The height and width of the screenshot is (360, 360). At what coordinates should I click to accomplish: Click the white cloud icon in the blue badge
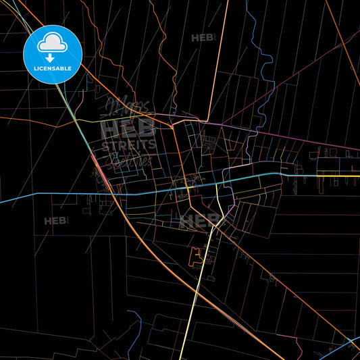point(53,42)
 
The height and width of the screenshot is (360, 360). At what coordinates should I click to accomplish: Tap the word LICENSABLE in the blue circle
point(53,68)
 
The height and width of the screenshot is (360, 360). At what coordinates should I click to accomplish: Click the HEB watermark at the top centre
point(203,38)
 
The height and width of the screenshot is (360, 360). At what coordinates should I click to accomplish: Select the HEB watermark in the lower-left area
point(55,221)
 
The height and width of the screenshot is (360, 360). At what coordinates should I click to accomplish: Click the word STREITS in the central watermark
point(128,144)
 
